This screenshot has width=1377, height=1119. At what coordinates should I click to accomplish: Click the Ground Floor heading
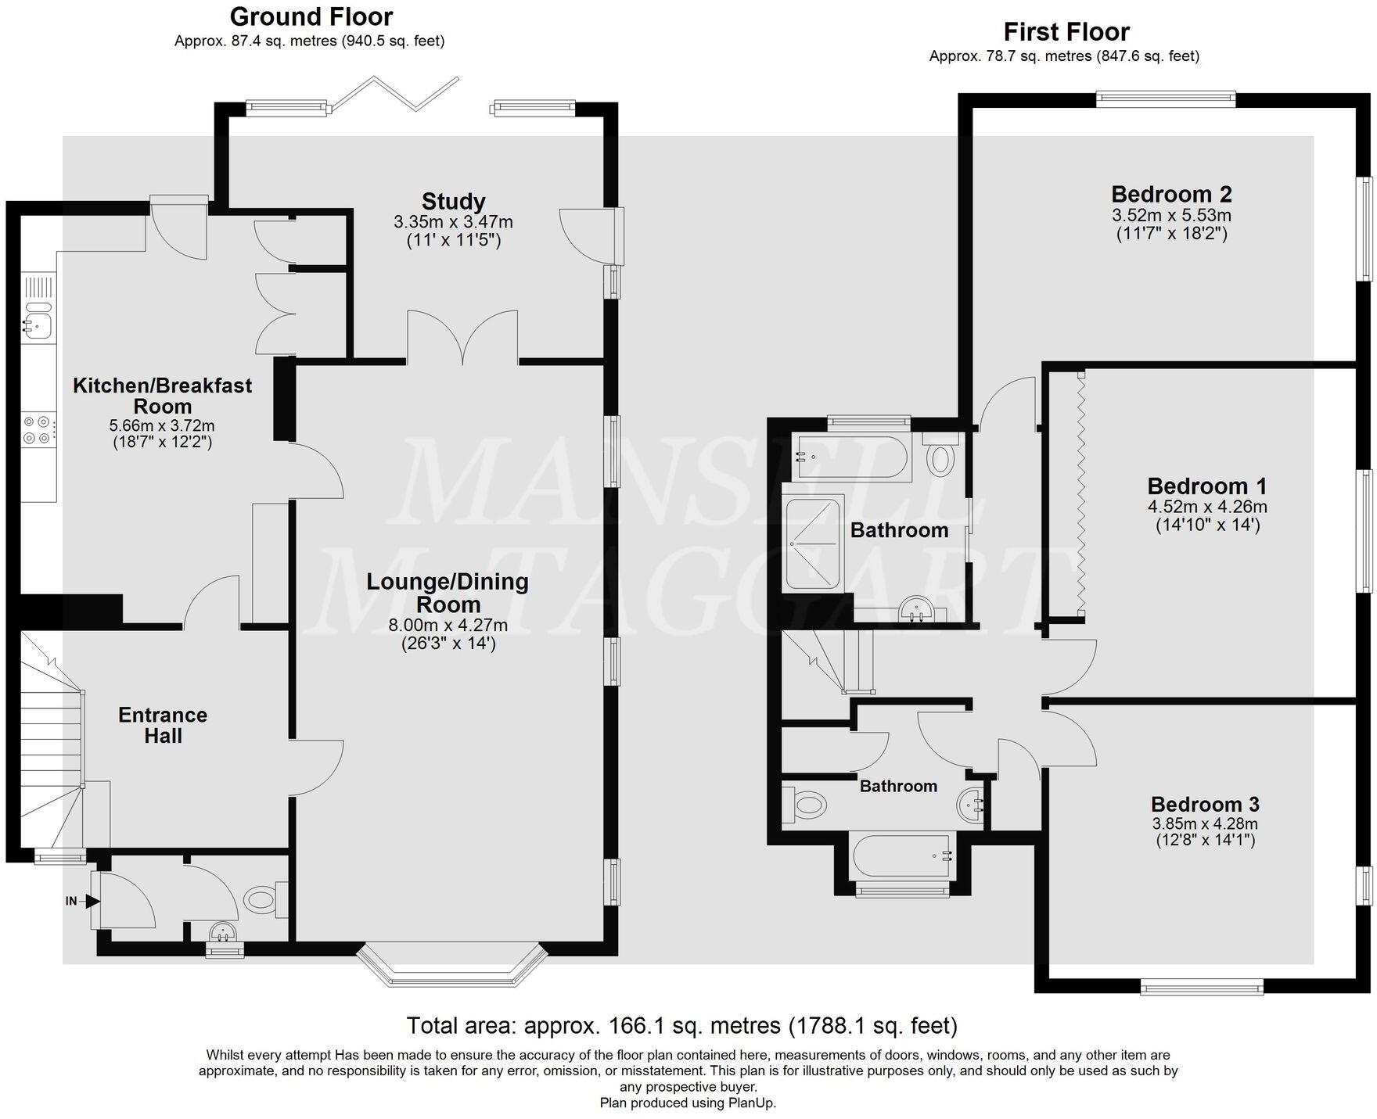pyautogui.click(x=311, y=16)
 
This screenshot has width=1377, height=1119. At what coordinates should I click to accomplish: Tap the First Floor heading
pyautogui.click(x=1066, y=32)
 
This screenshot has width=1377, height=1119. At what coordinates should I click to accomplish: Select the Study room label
pyautogui.click(x=454, y=202)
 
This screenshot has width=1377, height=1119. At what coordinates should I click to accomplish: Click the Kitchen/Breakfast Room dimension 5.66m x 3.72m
pyautogui.click(x=162, y=426)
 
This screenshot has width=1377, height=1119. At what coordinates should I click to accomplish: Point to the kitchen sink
pyautogui.click(x=37, y=325)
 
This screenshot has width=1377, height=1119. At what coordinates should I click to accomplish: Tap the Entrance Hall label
pyautogui.click(x=163, y=725)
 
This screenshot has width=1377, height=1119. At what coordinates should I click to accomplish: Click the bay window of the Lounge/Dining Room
pyautogui.click(x=450, y=967)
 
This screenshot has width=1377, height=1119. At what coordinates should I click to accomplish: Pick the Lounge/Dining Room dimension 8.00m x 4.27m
pyautogui.click(x=448, y=625)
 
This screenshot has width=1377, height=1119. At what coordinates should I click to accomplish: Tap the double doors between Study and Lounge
pyautogui.click(x=462, y=336)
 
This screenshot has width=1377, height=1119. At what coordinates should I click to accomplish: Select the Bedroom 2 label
pyautogui.click(x=1171, y=193)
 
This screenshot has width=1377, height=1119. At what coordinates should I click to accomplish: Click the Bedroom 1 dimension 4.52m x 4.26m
pyautogui.click(x=1207, y=506)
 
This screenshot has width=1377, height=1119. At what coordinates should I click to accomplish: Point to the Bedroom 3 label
pyautogui.click(x=1205, y=804)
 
